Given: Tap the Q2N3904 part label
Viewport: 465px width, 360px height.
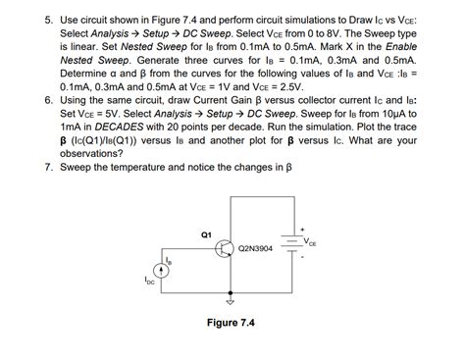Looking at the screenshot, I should [256, 250].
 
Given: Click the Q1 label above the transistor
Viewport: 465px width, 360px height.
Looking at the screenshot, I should [205, 233].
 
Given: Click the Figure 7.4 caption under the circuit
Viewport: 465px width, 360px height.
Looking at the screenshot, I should [232, 322].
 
